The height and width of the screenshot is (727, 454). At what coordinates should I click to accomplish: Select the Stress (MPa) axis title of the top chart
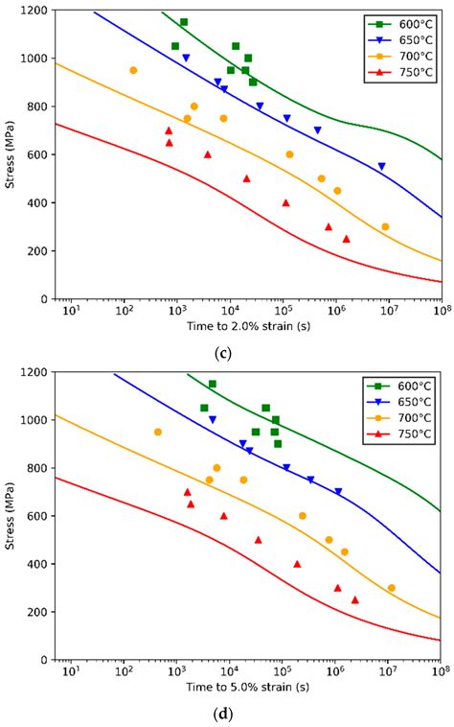(11, 155)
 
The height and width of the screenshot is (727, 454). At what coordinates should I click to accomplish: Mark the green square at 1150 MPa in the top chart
(184, 22)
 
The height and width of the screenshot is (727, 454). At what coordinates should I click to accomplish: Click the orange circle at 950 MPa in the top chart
(133, 70)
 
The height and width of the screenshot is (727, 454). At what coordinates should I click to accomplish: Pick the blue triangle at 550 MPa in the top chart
(381, 167)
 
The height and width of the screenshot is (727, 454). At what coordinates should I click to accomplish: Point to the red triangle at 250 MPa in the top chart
(346, 239)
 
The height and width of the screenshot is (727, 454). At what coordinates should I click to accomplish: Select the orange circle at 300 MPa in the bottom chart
(391, 588)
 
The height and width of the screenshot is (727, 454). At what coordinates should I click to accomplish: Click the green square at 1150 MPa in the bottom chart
(212, 384)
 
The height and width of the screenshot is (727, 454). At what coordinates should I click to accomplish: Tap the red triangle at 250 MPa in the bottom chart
(354, 599)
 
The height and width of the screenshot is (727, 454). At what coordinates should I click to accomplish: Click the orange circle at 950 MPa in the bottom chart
(158, 432)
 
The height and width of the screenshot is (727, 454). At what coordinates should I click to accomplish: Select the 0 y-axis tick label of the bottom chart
(43, 660)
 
